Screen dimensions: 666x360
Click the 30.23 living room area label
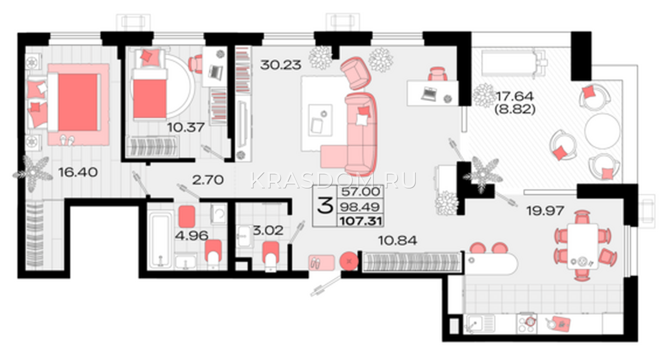click(281, 65)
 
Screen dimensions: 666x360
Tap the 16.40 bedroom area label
click(78, 172)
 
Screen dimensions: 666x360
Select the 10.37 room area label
click(186, 127)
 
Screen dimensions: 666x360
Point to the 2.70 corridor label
click(208, 180)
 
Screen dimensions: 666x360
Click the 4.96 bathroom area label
click(191, 236)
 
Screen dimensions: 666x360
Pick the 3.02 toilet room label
click(268, 231)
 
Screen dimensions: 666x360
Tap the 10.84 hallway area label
click(398, 241)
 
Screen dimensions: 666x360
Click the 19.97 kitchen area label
click(545, 211)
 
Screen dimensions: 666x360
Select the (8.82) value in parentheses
click(514, 110)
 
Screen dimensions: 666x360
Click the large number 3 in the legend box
click(325, 206)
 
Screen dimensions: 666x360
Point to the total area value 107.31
click(360, 221)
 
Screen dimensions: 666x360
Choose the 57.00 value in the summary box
click(360, 192)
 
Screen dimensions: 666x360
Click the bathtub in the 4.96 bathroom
click(160, 239)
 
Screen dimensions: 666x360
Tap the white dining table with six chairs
click(582, 246)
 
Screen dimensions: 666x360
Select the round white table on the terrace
click(602, 131)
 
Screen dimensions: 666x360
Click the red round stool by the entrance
click(349, 261)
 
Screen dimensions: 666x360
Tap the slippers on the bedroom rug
click(67, 140)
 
